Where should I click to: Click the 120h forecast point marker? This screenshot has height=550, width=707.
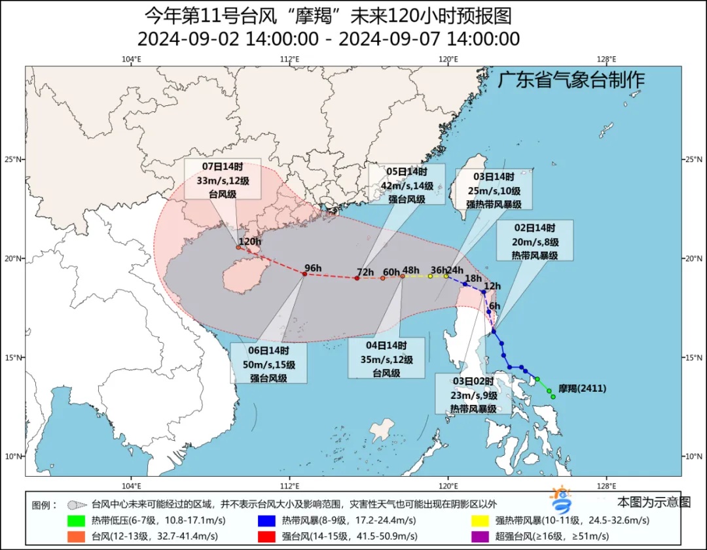pos(238,247)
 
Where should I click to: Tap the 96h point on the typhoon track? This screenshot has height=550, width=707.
pos(304,274)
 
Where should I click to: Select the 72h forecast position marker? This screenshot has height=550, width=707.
pos(357,278)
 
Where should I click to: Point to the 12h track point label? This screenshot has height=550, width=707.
pos(492,286)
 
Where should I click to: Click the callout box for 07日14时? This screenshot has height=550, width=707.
pos(222,178)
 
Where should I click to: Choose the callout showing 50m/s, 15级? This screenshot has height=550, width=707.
pos(269,364)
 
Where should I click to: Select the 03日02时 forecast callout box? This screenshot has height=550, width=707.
pos(473,394)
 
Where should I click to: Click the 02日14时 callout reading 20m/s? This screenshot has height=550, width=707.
pos(535,241)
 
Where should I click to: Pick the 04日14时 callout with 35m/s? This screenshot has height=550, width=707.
pos(386,358)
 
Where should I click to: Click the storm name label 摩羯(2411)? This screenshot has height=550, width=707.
pos(582,388)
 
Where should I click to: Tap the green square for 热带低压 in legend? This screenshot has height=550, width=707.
pos(76,521)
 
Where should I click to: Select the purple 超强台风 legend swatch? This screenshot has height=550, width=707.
pos(480,536)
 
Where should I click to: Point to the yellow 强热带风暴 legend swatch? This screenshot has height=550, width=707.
pos(480,521)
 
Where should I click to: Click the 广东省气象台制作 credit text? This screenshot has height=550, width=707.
pos(571,80)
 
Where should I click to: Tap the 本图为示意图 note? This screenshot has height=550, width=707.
pos(653,502)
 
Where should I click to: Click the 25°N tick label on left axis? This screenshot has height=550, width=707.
pos(15,160)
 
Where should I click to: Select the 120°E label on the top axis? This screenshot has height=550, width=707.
pos(448,60)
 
